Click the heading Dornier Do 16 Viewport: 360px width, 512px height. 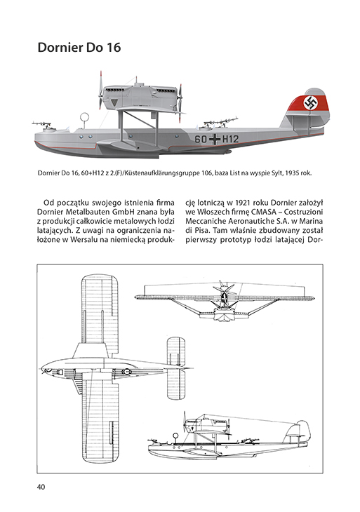(x=79, y=48)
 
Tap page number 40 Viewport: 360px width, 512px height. (x=41, y=487)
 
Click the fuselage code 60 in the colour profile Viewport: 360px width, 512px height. (x=201, y=139)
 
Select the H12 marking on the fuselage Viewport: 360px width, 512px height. (x=230, y=139)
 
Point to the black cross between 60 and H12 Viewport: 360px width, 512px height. (x=215, y=139)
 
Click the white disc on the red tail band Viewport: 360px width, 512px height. (x=310, y=103)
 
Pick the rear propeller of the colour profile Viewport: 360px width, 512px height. (x=180, y=103)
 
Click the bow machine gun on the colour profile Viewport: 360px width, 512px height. (x=42, y=124)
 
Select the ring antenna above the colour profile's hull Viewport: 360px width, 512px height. (x=85, y=117)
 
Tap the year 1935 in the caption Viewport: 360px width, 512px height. (x=291, y=173)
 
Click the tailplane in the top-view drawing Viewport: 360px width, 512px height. (x=176, y=368)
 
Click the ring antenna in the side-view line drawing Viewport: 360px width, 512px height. (x=175, y=436)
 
